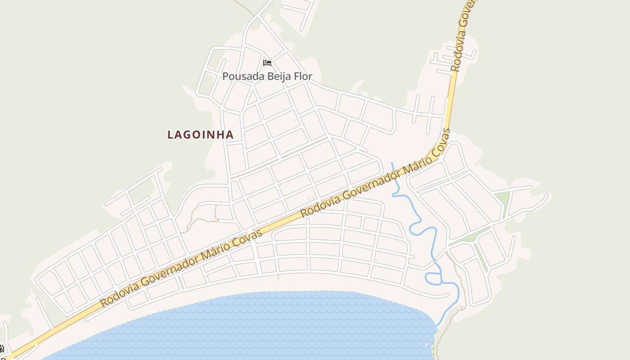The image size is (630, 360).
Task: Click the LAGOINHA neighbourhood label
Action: point(200,135)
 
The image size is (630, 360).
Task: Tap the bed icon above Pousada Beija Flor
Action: point(267,63)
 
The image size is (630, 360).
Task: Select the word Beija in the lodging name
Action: point(280,76)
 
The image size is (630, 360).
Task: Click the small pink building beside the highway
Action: point(312,198)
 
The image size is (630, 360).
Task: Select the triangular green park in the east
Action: point(503,198)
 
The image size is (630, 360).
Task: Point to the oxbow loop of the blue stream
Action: point(432,278)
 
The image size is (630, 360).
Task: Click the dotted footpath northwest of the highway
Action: point(202,220)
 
